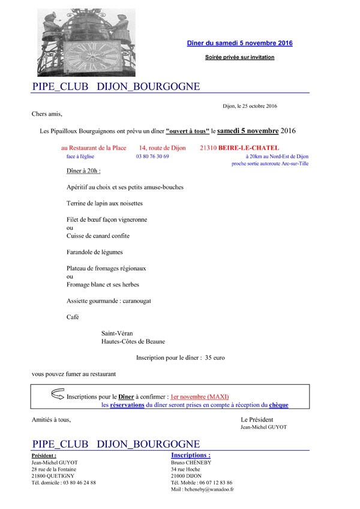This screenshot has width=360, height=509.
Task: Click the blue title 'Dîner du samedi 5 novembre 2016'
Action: coord(240,43)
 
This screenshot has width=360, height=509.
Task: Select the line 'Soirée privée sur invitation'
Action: coord(239,58)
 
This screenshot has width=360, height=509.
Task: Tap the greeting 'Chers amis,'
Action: coord(47,113)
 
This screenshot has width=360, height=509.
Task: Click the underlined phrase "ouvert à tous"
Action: coord(187,131)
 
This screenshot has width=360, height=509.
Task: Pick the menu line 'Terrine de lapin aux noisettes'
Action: coord(105,204)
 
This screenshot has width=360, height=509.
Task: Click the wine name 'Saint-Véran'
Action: coord(118,333)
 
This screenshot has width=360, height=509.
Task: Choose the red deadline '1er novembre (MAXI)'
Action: coord(200,396)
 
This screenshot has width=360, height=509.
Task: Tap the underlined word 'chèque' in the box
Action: coord(278,405)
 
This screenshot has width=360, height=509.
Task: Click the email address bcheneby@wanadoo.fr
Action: coord(202,489)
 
